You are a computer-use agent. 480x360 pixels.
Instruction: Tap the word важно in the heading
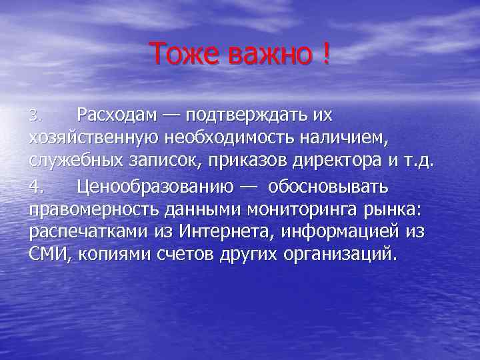point(269,53)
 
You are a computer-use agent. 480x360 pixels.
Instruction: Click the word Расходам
point(117,115)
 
